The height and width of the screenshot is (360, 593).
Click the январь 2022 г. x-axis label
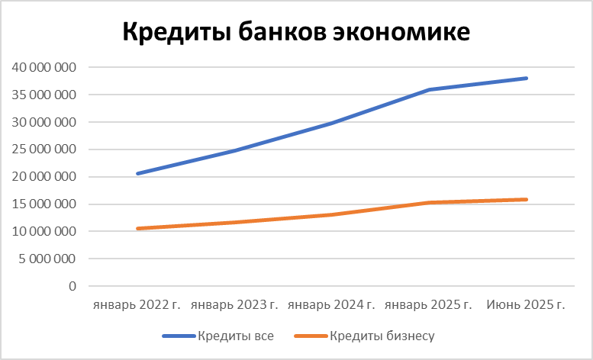click(137, 305)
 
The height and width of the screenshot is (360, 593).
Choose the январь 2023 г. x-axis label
click(234, 305)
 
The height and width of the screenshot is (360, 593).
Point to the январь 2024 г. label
click(331, 305)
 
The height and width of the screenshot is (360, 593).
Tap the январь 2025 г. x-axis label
click(429, 305)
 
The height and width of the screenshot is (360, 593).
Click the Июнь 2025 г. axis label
click(526, 305)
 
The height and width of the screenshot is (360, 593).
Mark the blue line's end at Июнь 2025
click(527, 79)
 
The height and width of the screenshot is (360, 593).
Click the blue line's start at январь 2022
click(137, 174)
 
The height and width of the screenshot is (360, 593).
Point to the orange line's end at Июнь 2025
click(527, 200)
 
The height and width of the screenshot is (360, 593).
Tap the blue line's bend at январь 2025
click(429, 90)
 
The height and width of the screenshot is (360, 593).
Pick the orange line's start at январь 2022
click(137, 229)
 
